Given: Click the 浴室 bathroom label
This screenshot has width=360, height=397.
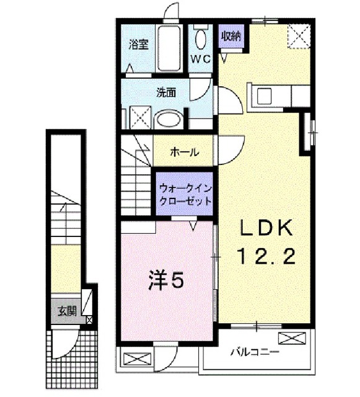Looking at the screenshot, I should click(x=139, y=44).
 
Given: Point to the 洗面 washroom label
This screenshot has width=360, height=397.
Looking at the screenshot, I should click(x=165, y=92).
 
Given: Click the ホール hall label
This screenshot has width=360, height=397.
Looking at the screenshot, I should click(x=184, y=151).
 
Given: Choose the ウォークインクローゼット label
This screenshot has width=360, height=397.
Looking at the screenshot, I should click(x=185, y=193).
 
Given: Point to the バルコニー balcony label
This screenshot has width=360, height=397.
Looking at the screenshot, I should click(x=253, y=352).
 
